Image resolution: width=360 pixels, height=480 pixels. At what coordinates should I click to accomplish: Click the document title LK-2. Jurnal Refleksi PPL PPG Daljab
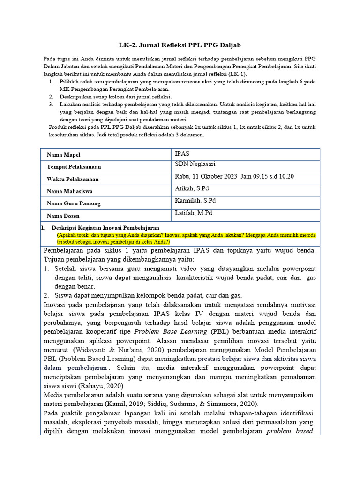(x=180, y=45)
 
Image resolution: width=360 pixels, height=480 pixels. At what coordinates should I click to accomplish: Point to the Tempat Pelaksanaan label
(x=74, y=167)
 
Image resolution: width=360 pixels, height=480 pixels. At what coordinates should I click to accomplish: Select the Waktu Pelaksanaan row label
(x=73, y=179)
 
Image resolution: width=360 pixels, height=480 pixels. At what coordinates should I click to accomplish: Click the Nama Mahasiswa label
(x=69, y=191)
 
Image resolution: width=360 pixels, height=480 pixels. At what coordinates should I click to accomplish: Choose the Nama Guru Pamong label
(x=74, y=203)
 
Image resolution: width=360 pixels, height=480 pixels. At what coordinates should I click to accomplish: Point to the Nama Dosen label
(x=63, y=216)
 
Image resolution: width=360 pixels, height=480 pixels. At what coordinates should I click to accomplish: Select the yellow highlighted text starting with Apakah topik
(x=186, y=238)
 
